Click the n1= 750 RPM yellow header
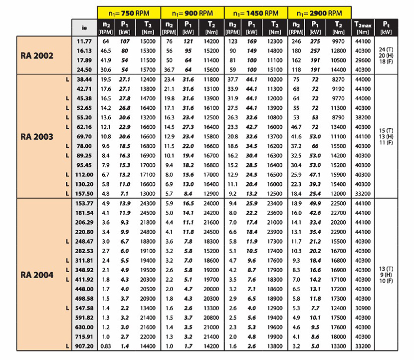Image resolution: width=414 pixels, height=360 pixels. coord(129,12)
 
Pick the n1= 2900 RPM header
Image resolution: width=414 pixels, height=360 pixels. coord(319,12)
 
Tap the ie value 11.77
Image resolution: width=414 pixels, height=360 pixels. coord(83,41)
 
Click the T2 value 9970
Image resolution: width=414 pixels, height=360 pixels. coord(339,41)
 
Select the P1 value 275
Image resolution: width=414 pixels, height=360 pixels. coord(315,41)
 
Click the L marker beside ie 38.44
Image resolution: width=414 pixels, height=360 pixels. coord(67,80)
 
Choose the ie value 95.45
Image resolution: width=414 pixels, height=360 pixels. coord(83,164)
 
